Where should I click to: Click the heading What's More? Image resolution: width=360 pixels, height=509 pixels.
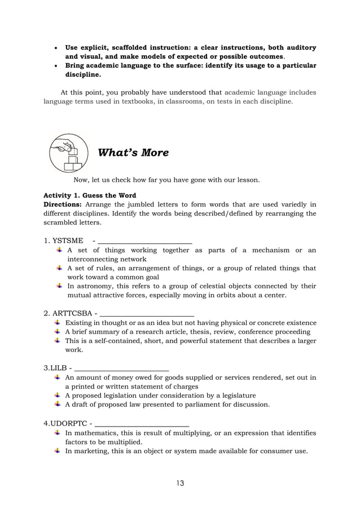tap(133, 153)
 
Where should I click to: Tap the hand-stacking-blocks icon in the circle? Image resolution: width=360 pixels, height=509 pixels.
tap(69, 153)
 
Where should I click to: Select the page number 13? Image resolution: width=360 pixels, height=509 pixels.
tap(179, 483)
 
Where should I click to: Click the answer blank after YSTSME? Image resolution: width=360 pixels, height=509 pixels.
tap(145, 241)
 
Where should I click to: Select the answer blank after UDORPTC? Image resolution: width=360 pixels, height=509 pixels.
tap(142, 424)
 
